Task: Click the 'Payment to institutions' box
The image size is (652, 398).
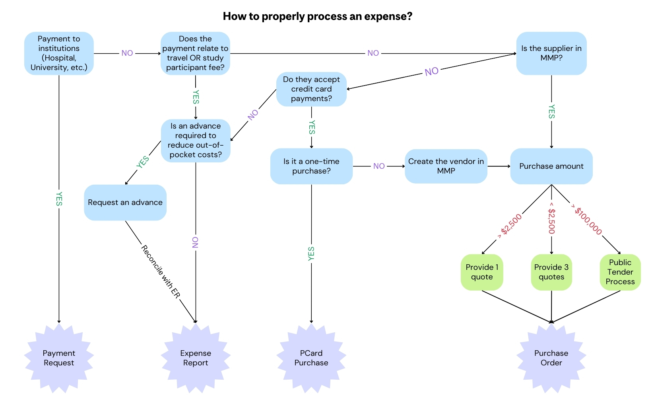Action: [x=59, y=53]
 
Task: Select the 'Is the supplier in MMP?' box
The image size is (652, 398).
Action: [x=551, y=53]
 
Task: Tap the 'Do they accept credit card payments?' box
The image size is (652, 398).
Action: [x=311, y=89]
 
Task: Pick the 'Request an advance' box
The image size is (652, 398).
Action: [x=125, y=203]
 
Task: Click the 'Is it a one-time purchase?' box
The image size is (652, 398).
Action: [x=311, y=166]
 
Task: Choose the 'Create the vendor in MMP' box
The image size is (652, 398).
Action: [x=446, y=166]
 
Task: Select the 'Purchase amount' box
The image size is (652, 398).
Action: [x=551, y=166]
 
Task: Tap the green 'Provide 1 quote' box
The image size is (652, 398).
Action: [x=482, y=272]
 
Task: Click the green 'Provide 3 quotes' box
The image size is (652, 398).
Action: [x=551, y=272]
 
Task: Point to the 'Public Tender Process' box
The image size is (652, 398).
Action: [x=620, y=272]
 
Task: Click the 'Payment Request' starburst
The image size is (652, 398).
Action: [x=59, y=358]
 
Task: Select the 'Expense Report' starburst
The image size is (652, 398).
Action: [x=196, y=358]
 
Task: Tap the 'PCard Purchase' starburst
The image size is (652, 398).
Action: [x=311, y=358]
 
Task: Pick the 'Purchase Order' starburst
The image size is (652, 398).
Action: [x=551, y=358]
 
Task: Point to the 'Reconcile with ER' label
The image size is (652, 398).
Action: [x=161, y=271]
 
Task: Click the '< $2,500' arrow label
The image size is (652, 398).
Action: [x=551, y=218]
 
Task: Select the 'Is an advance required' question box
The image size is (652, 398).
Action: [x=196, y=140]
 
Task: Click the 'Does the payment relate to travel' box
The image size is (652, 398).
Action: [x=195, y=53]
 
